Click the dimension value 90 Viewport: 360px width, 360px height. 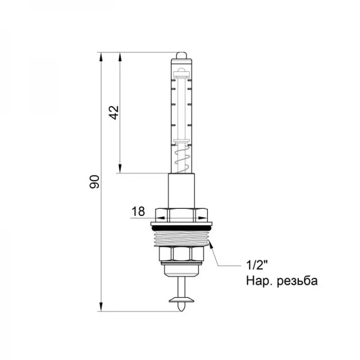point(94,182)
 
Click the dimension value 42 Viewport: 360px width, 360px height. point(113,112)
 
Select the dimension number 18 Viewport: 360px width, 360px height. point(137,211)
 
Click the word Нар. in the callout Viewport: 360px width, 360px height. point(257,281)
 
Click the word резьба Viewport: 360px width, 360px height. point(295,281)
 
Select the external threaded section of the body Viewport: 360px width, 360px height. point(181,240)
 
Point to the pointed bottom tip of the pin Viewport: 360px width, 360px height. point(181,308)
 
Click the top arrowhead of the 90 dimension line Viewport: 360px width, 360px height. point(101,58)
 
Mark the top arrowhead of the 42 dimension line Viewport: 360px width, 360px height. point(121,58)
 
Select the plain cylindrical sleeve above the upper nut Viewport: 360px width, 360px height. point(181,191)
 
